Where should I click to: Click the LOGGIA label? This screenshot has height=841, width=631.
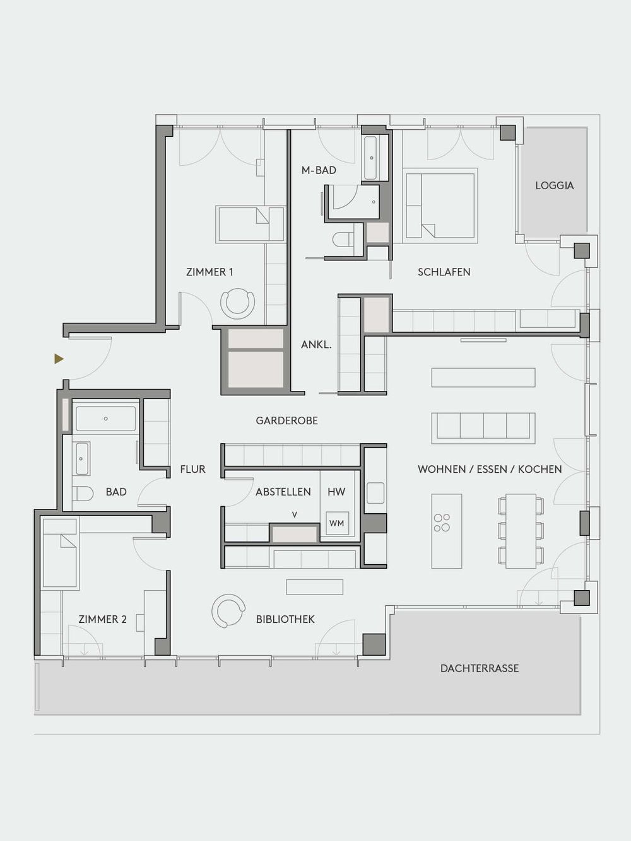(554, 185)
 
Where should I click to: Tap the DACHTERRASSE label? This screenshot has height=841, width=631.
(480, 668)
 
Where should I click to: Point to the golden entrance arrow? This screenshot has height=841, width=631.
(59, 359)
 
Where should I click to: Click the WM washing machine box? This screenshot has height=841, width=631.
(337, 523)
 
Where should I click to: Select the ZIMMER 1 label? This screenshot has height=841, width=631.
(209, 272)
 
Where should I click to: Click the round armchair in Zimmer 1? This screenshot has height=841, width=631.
(237, 302)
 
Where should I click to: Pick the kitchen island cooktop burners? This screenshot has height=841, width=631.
(442, 522)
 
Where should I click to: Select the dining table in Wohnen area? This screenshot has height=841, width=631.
(520, 530)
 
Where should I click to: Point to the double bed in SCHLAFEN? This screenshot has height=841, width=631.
(440, 205)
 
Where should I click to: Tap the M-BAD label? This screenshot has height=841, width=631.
(319, 170)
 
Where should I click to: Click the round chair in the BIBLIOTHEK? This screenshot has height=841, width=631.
(228, 611)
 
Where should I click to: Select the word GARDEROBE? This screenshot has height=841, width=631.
(286, 420)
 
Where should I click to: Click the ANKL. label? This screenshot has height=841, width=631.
(316, 345)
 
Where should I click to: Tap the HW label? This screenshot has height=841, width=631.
(336, 492)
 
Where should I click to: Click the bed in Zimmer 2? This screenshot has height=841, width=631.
(59, 553)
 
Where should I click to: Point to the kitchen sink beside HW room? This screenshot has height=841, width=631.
(375, 492)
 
